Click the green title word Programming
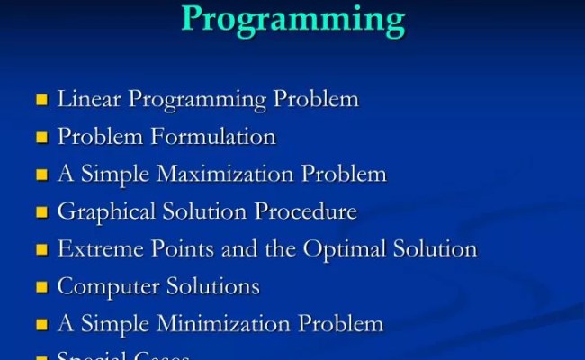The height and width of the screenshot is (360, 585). [292, 18]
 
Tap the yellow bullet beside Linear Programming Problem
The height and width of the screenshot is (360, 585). [41, 100]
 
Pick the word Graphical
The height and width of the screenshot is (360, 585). [101, 212]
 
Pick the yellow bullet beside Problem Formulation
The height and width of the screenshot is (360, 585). [41, 138]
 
